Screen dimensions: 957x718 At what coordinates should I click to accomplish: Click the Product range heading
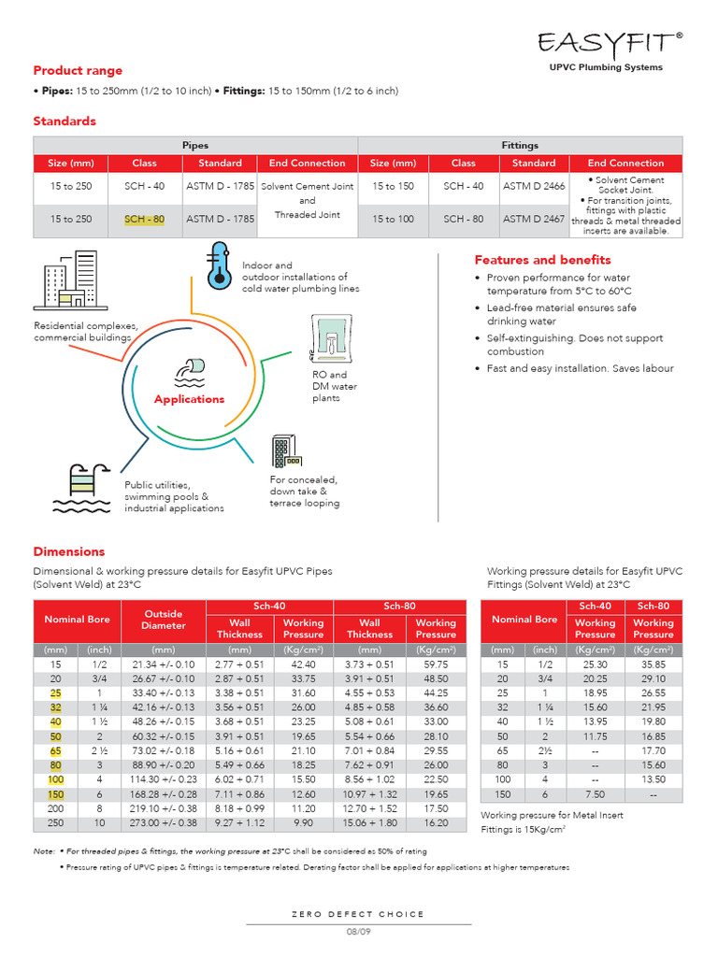[78, 71]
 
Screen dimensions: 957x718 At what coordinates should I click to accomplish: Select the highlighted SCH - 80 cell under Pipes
[145, 219]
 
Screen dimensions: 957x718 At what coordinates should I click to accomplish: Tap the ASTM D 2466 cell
[534, 186]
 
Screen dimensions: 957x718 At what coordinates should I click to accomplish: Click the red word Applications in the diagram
[190, 399]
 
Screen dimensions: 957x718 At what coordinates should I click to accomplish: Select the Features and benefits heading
[542, 260]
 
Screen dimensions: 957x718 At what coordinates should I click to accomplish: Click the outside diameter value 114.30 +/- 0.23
[164, 779]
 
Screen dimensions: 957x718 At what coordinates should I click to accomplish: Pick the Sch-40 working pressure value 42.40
[303, 664]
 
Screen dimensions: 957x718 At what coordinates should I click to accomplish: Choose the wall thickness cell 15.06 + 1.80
[369, 823]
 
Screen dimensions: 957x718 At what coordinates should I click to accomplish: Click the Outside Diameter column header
[164, 620]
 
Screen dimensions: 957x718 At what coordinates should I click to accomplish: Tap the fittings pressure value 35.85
[653, 664]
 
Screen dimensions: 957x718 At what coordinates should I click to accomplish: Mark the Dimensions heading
[69, 551]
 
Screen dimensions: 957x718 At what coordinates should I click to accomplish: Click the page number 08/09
[359, 932]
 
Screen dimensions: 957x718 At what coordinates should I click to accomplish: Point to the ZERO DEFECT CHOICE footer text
[359, 914]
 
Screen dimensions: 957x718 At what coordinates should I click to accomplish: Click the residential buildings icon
[70, 279]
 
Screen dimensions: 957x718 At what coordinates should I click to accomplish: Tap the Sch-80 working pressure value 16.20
[436, 823]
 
